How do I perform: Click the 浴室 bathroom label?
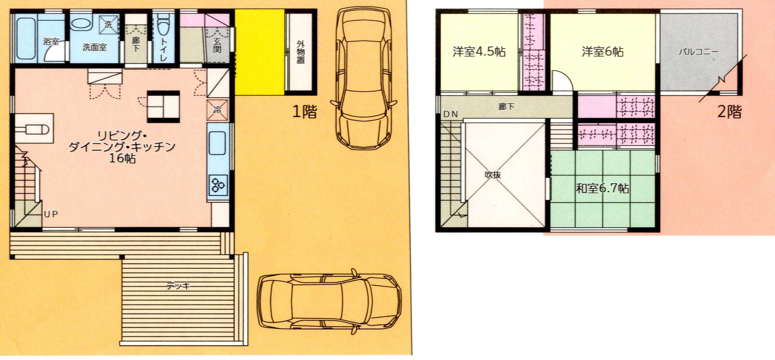(x=51, y=41)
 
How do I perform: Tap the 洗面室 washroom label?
(x=94, y=47)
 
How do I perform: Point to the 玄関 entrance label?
(x=217, y=45)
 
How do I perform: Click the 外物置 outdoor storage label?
(x=301, y=52)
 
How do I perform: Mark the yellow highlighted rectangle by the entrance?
(x=260, y=52)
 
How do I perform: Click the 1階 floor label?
(x=305, y=112)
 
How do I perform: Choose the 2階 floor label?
(x=729, y=112)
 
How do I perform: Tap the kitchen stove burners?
(x=218, y=185)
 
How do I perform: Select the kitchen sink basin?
(x=217, y=143)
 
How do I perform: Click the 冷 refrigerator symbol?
(x=218, y=110)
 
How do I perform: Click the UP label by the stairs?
(x=51, y=214)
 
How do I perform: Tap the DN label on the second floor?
(x=451, y=114)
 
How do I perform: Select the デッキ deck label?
(x=178, y=286)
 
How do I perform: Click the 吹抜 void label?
(x=493, y=175)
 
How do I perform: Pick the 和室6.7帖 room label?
(x=602, y=188)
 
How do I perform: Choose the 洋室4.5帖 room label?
(x=479, y=51)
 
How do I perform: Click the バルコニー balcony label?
(x=698, y=52)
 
